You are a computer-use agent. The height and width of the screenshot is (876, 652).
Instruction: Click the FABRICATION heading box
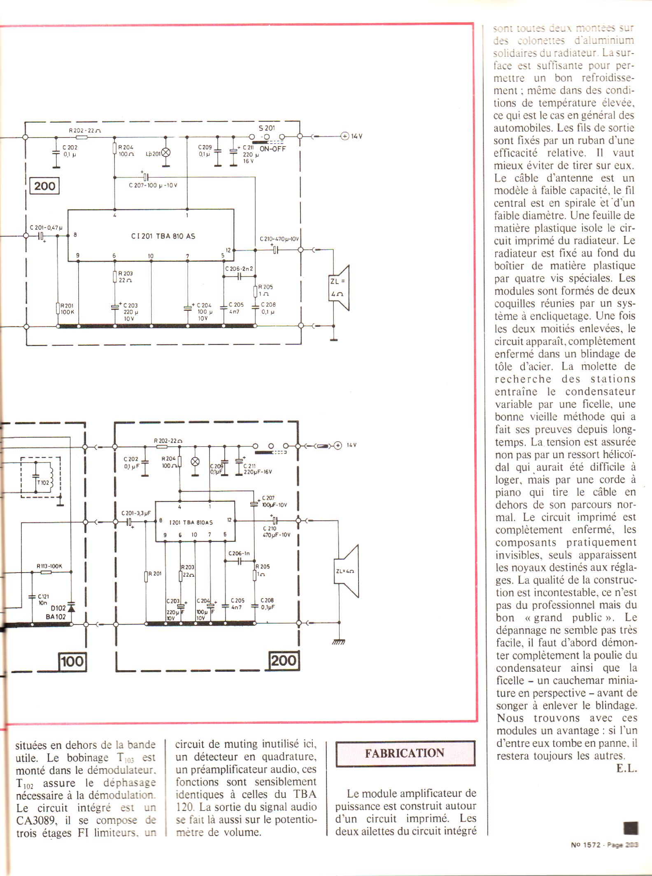[405, 753]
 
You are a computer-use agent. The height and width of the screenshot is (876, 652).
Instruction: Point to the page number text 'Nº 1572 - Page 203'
[604, 845]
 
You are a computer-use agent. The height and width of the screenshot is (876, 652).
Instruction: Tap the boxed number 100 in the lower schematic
[72, 662]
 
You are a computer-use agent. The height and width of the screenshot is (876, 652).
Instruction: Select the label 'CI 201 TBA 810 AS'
[163, 236]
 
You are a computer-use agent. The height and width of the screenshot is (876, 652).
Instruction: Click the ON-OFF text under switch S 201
[272, 149]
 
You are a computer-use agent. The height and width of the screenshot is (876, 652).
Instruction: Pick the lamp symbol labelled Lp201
[166, 153]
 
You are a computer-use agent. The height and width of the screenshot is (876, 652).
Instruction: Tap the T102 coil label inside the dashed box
[42, 482]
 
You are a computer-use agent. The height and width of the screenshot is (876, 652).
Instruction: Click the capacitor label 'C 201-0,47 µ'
[46, 228]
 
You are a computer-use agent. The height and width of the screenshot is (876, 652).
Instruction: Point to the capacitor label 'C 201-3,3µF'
[136, 513]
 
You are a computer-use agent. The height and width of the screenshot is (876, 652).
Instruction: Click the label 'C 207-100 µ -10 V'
[153, 185]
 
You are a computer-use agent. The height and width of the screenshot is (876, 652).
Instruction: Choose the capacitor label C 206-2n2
[239, 269]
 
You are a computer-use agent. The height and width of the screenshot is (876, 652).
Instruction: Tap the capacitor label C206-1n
[239, 553]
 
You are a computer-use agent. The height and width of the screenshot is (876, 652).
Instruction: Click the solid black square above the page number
[631, 827]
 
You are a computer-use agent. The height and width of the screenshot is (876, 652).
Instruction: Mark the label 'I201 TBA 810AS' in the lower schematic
[191, 522]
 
